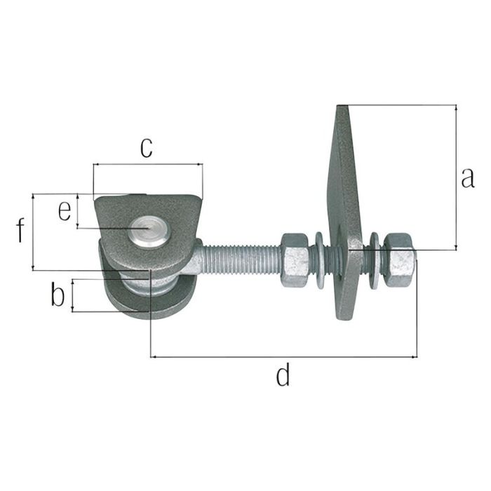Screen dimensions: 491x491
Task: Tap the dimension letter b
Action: point(58,295)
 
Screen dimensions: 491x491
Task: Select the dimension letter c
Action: point(145,147)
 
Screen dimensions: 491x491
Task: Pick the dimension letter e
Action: point(65,210)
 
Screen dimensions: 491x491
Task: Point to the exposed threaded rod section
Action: point(242,258)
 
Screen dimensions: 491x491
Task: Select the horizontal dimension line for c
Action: point(147,165)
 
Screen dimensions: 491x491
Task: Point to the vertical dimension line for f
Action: point(33,231)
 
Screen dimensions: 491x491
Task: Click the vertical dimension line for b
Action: point(72,295)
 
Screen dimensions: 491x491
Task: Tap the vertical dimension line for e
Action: point(78,211)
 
